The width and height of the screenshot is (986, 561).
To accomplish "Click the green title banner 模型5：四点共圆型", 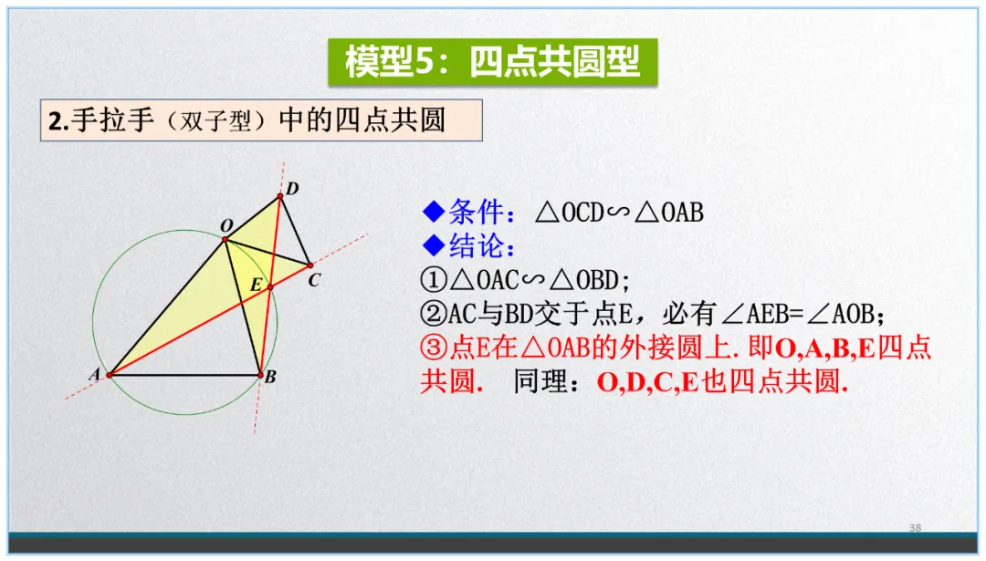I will coord(492,61).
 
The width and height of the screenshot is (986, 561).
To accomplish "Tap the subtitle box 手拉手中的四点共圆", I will coord(260,120).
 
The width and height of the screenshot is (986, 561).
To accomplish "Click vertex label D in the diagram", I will coord(293,189).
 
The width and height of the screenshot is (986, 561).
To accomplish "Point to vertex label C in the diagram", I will coord(314,280).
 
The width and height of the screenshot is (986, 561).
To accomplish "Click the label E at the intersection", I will coord(257,286).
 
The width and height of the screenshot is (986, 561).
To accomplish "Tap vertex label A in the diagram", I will coord(94,373).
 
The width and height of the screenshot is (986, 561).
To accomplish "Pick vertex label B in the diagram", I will coord(270,376).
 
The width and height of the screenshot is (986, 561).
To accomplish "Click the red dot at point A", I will coord(110,374).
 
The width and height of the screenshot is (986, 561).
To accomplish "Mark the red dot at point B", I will coord(259,374).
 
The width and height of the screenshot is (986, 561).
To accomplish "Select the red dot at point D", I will coord(280,195).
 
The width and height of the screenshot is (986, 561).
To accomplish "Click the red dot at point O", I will coord(225,239).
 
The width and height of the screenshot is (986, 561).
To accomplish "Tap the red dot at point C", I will coord(310,265).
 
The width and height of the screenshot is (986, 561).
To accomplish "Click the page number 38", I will coord(916,528).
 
